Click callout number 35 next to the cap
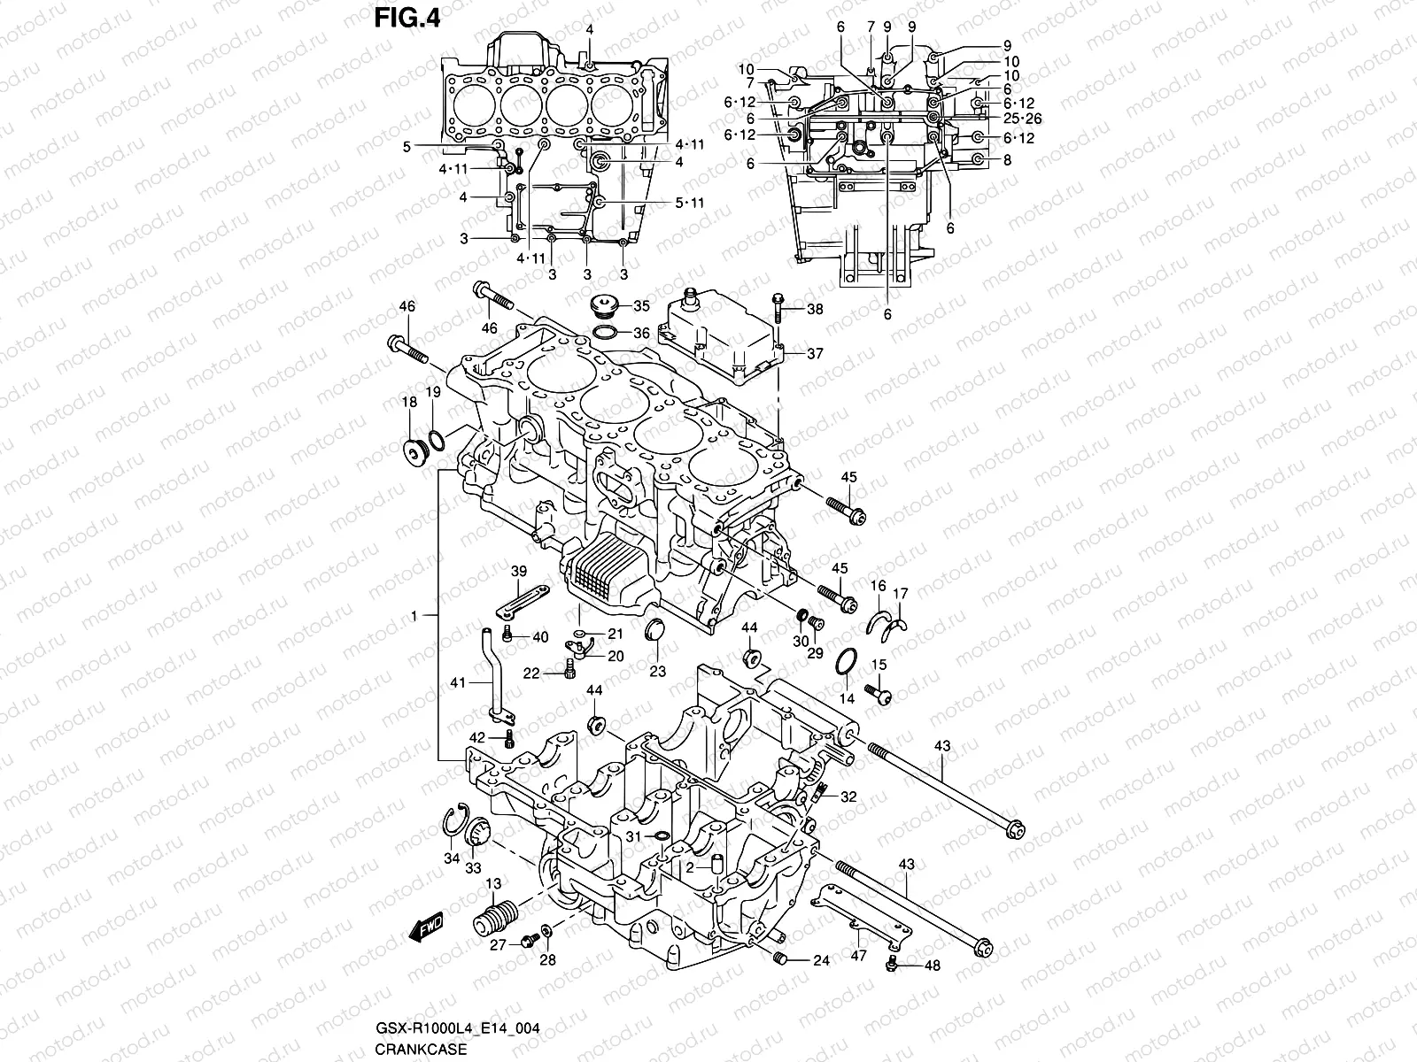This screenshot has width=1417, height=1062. coord(641,306)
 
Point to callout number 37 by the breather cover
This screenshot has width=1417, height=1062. coord(815,353)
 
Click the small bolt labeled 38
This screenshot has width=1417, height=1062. coord(778,307)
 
